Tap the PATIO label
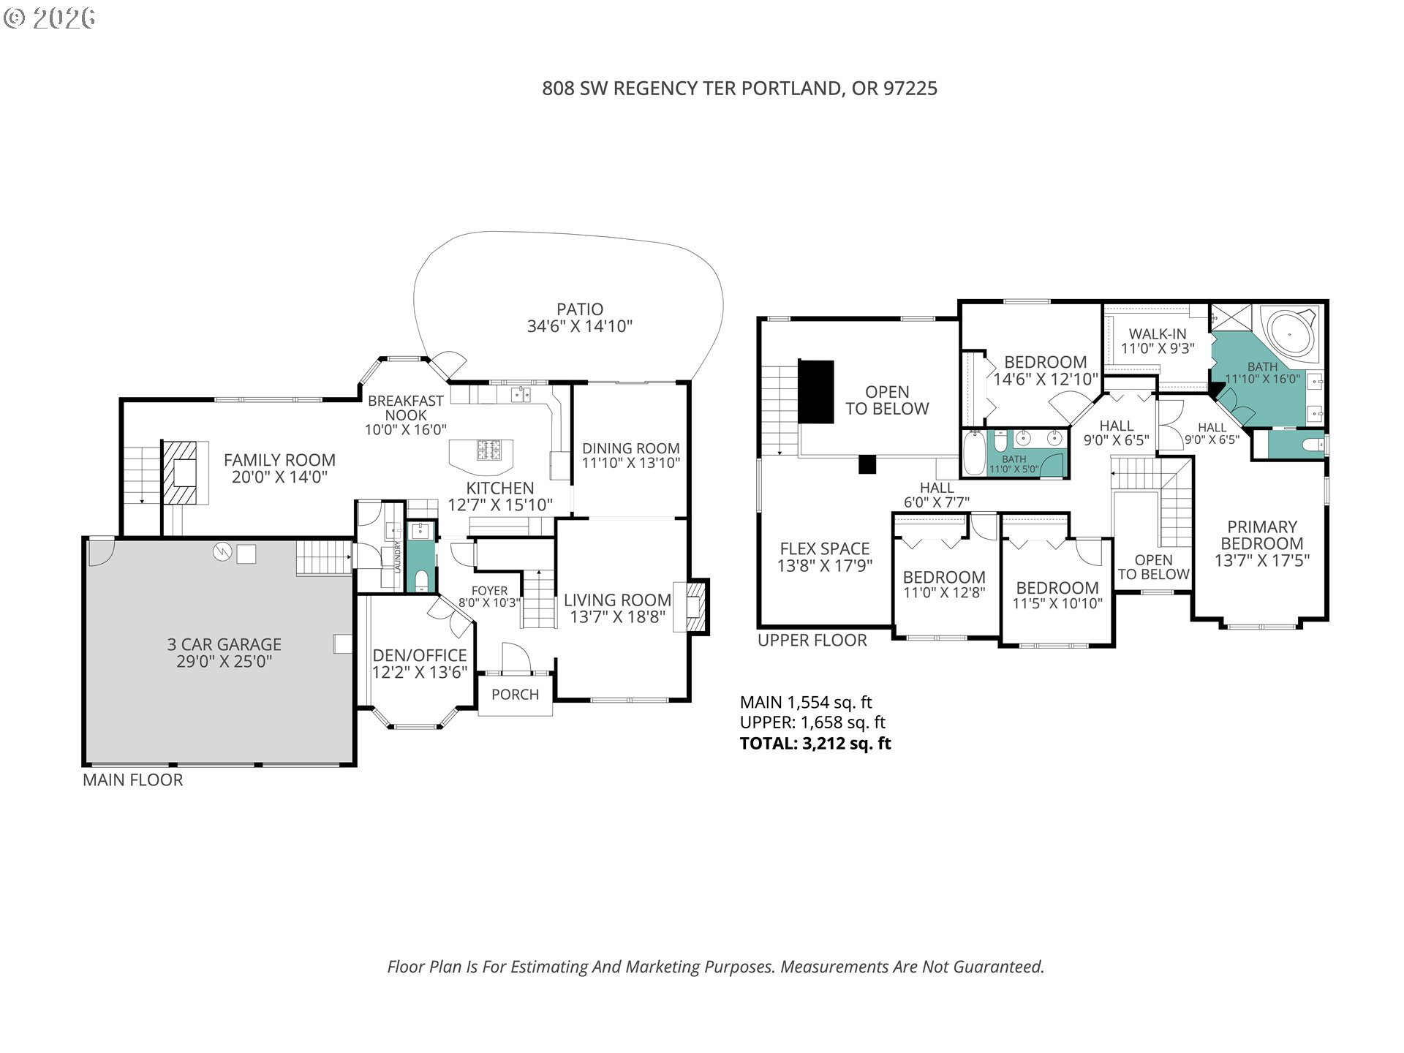580,309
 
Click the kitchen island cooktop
489,450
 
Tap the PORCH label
515,695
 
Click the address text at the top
739,88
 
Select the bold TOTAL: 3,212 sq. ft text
815,744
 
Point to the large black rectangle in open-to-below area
816,391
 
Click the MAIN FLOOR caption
132,780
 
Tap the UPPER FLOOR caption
812,641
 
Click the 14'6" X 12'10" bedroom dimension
1046,380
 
